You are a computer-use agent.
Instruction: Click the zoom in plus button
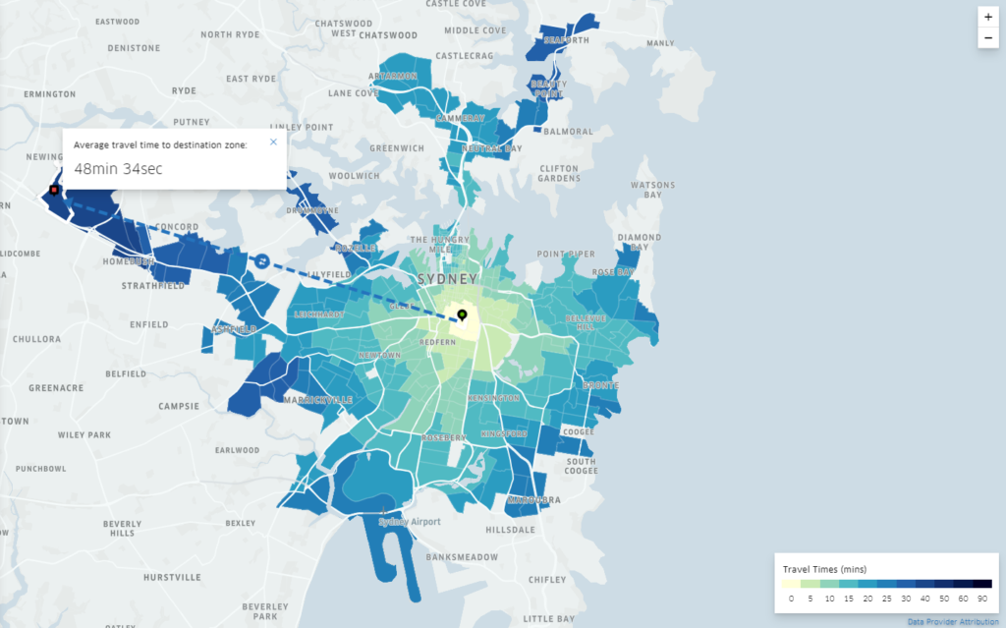pos(987,18)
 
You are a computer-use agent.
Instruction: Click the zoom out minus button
pos(987,38)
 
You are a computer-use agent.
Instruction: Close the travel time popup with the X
pos(273,143)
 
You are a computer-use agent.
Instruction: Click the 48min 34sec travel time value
pos(118,169)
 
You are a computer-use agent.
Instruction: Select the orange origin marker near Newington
pos(54,190)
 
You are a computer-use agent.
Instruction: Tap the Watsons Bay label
pos(652,190)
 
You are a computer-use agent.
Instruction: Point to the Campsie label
pos(180,405)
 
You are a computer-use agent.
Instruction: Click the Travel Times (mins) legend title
pos(824,569)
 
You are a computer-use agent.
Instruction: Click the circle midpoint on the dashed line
pos(262,260)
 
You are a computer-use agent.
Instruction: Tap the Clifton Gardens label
pos(559,173)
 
